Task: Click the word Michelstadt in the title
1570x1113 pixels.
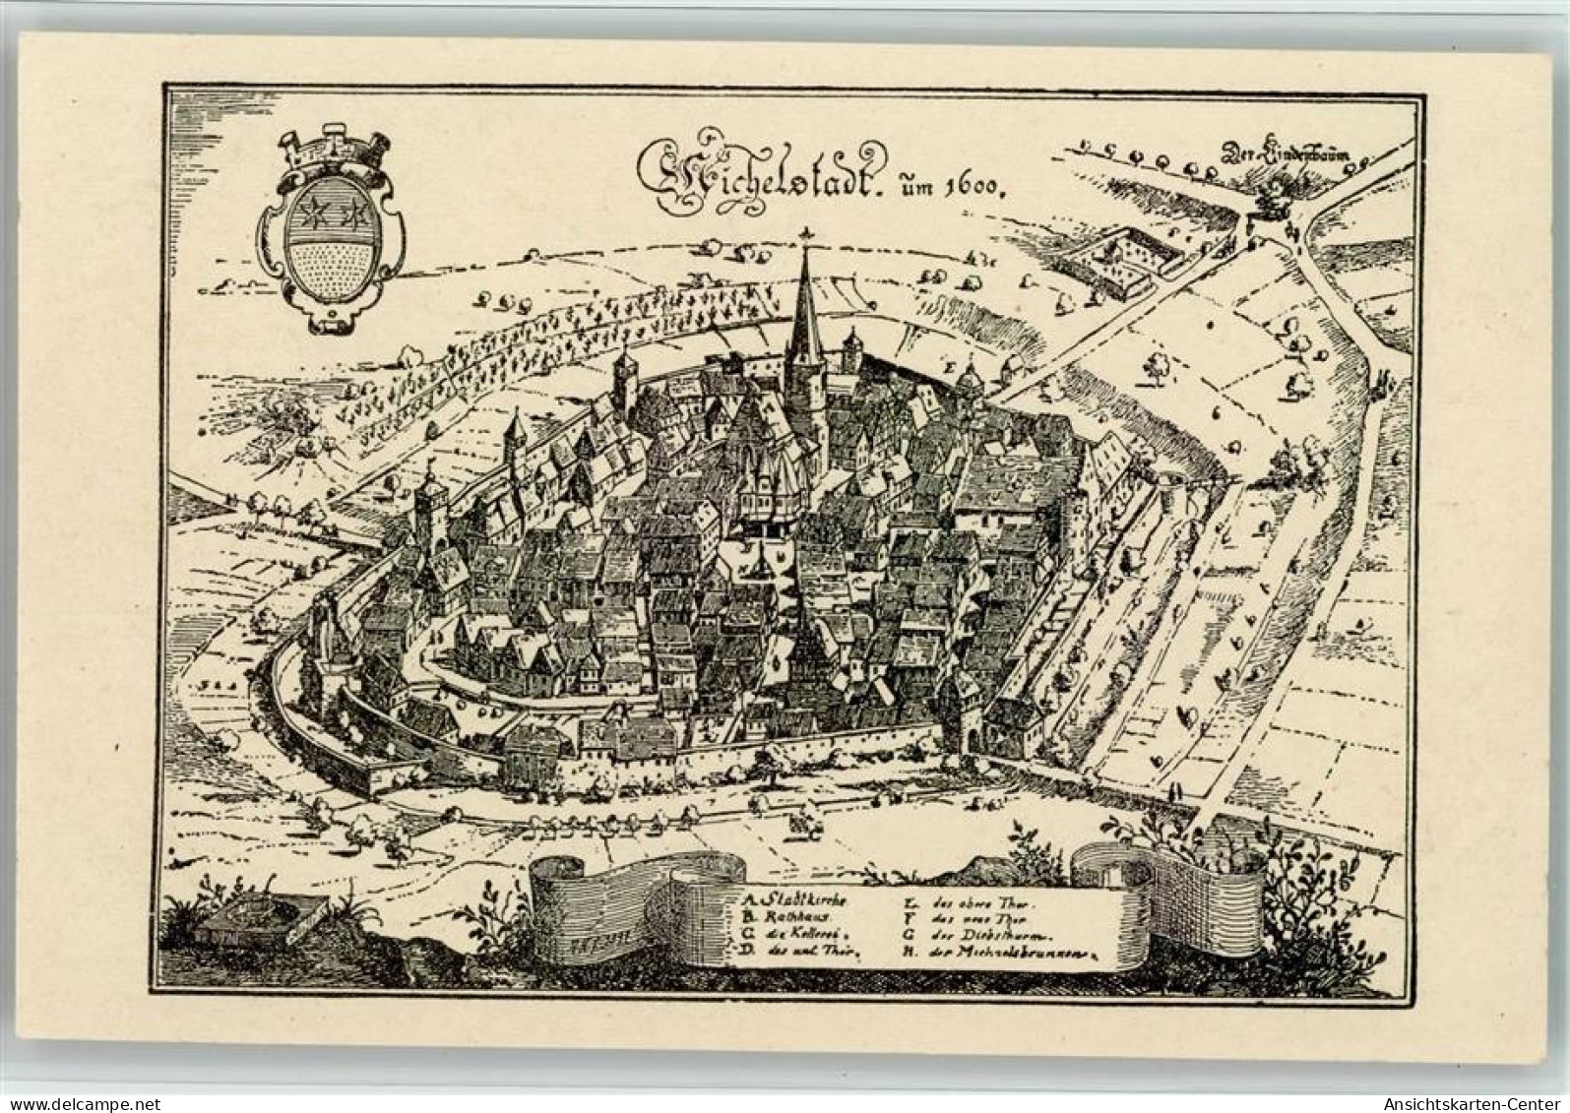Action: pyautogui.click(x=758, y=169)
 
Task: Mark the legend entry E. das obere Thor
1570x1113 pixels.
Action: pyautogui.click(x=965, y=898)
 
